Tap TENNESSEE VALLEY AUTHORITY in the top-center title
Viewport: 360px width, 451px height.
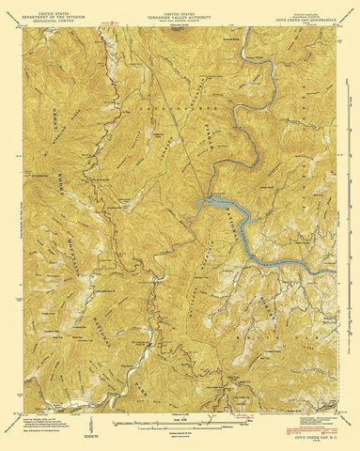[179, 13]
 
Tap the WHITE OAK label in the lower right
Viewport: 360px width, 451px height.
[282, 310]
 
